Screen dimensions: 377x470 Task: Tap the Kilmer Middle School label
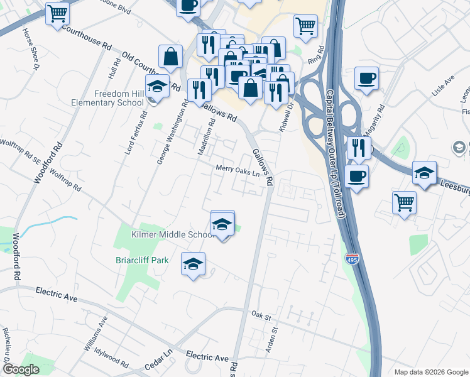pyautogui.click(x=173, y=234)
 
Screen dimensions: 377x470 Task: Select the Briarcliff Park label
pyautogui.click(x=141, y=260)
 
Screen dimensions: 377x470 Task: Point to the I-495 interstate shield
pyautogui.click(x=352, y=259)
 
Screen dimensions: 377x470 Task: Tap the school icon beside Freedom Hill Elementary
pyautogui.click(x=157, y=86)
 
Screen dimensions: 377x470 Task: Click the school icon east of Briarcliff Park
pyautogui.click(x=194, y=264)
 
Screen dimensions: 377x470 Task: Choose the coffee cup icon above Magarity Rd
pyautogui.click(x=366, y=79)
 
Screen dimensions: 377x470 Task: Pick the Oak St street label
pyautogui.click(x=260, y=314)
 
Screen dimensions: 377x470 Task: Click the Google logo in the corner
pyautogui.click(x=21, y=369)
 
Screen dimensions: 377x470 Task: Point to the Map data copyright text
pyautogui.click(x=431, y=372)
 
